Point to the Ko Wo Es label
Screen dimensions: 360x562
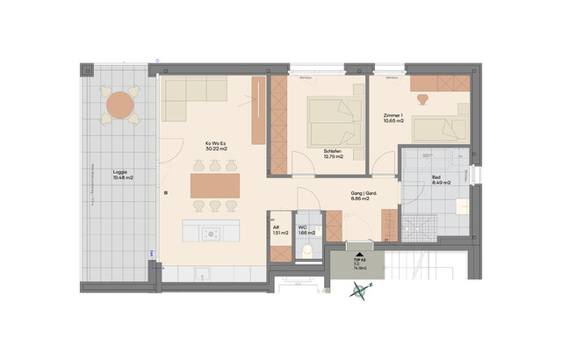216,143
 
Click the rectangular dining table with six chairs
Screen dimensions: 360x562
214,184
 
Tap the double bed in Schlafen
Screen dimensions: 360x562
335,119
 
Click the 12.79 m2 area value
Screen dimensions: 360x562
334,158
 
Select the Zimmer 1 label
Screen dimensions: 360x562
394,116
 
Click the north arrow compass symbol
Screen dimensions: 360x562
359,295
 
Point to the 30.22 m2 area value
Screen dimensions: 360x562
216,149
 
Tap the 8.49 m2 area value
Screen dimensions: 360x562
442,183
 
